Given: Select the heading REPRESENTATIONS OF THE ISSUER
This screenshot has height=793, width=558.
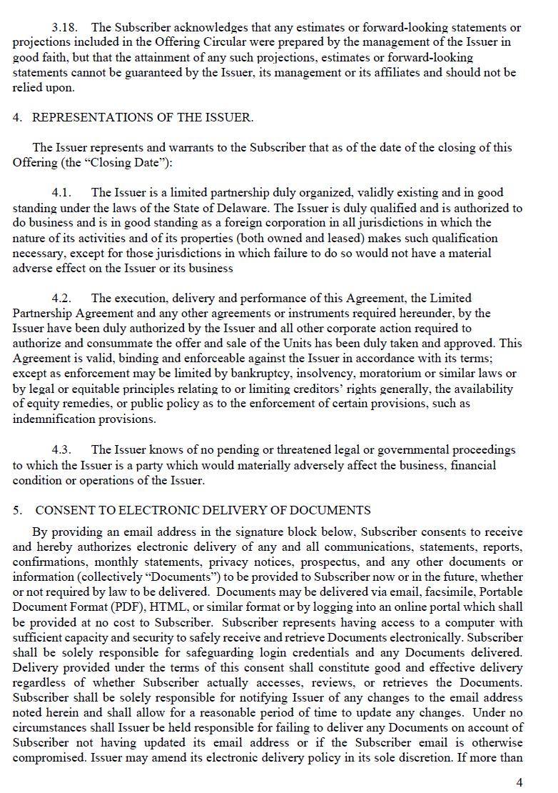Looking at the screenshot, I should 143,118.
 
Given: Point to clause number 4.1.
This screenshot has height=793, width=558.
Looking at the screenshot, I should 62,193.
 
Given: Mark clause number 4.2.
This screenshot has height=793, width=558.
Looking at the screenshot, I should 62,299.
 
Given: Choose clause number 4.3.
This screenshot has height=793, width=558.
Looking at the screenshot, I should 62,450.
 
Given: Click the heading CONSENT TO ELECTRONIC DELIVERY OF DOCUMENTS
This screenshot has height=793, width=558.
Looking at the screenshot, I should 203,510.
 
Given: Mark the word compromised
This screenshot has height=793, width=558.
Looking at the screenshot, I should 49,758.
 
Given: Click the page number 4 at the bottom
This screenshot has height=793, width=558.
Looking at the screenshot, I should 519,782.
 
